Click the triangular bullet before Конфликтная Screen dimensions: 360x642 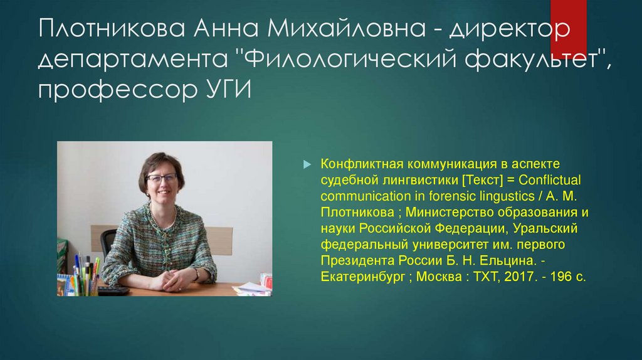point(307,163)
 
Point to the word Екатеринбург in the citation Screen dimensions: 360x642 point(363,276)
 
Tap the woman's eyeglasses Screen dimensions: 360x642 point(162,177)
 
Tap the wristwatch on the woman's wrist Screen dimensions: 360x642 point(196,273)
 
